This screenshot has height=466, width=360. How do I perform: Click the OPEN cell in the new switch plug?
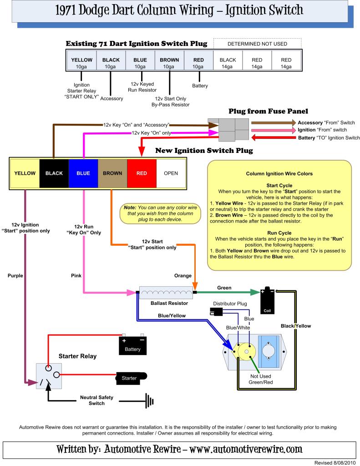click(x=171, y=173)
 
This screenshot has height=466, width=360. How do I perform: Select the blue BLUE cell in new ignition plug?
click(x=83, y=173)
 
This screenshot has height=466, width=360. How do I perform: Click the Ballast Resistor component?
click(x=166, y=292)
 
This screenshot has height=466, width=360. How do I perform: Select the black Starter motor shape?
click(x=131, y=378)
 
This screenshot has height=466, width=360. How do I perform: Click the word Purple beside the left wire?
click(x=15, y=276)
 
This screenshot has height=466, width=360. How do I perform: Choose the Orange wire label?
click(x=183, y=276)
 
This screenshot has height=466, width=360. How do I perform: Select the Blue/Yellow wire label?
click(x=171, y=315)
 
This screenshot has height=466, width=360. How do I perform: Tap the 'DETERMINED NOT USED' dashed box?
click(x=257, y=44)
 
